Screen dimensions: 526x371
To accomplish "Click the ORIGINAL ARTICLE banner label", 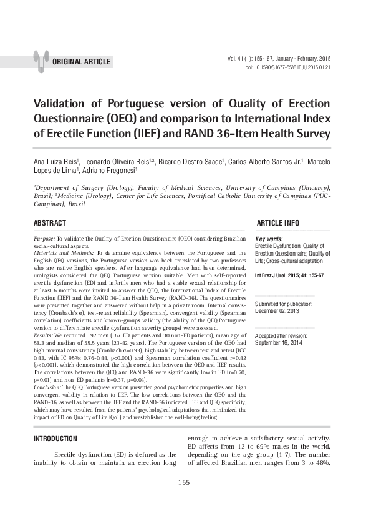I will tap(82, 62).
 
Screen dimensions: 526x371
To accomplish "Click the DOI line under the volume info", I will tap(288, 67).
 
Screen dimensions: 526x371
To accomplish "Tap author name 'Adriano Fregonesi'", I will tap(109, 171).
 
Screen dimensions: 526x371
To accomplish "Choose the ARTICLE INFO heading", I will tap(278, 223).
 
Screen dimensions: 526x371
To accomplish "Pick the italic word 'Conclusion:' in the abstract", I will tap(47, 387).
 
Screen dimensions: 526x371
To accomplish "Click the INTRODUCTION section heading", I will tap(55, 439).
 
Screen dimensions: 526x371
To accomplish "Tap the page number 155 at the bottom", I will tap(184, 482).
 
